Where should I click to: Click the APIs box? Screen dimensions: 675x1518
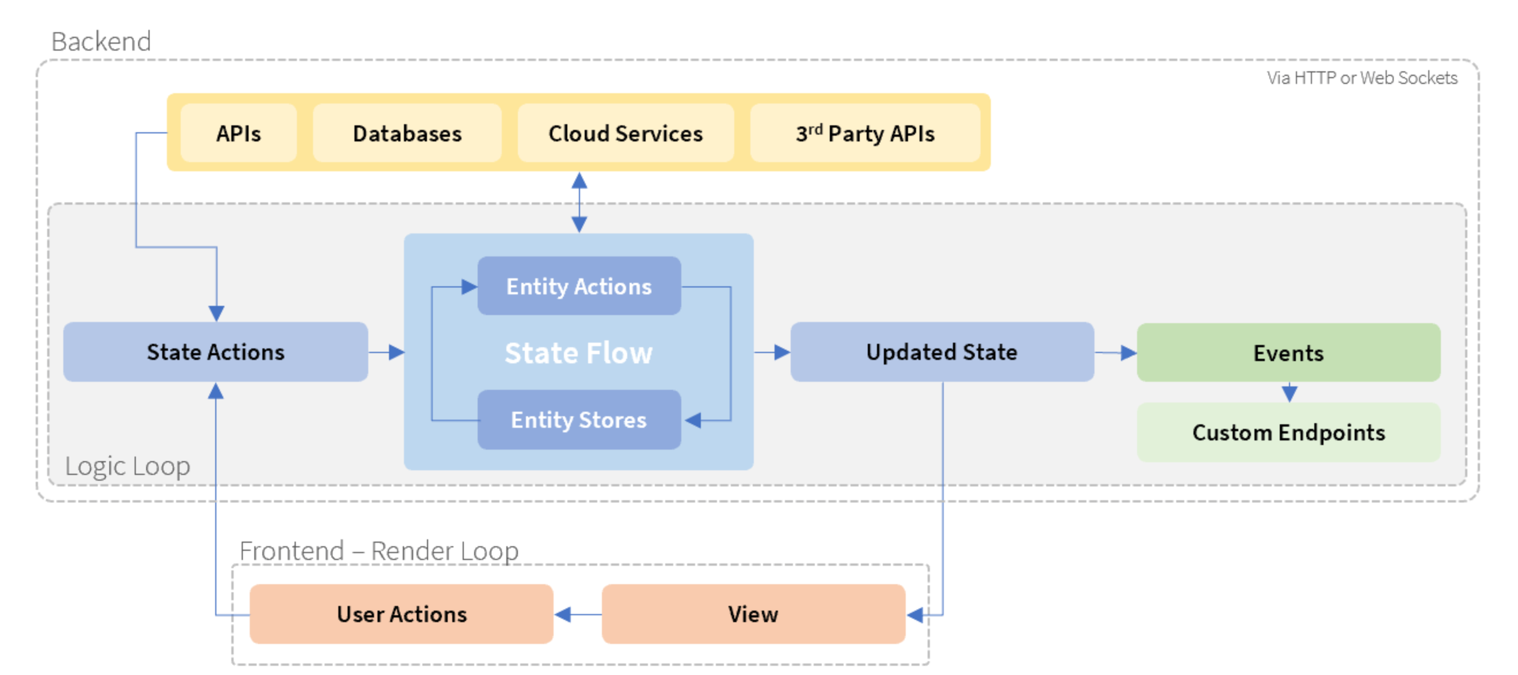[x=238, y=134]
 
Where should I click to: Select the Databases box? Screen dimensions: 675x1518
[x=407, y=134]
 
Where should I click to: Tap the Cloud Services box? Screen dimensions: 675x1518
[x=625, y=134]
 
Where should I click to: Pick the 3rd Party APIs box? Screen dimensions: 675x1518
[x=864, y=134]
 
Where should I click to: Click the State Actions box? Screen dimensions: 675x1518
[x=215, y=352]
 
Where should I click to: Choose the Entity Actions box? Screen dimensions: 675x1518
[x=579, y=286]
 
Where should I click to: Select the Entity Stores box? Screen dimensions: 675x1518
[x=579, y=420]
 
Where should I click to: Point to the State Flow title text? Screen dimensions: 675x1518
[x=579, y=353]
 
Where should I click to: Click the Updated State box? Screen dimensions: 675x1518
[x=941, y=352]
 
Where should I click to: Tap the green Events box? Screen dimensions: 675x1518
[x=1288, y=353]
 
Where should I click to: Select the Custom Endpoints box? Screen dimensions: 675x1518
[x=1288, y=432]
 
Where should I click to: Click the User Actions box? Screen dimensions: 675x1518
[x=401, y=614]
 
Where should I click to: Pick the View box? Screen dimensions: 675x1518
[x=753, y=614]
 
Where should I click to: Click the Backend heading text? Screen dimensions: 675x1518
[x=101, y=41]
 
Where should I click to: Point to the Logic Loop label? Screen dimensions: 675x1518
[x=127, y=466]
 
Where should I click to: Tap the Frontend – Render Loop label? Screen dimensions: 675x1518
[x=378, y=551]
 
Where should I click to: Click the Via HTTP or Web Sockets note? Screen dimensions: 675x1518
[x=1362, y=78]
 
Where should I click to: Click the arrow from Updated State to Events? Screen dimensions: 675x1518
[x=1116, y=353]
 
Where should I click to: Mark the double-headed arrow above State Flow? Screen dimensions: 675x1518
[x=579, y=202]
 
